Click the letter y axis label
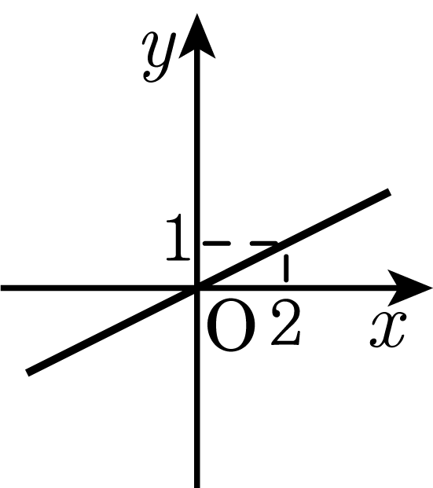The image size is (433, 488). pyautogui.click(x=159, y=57)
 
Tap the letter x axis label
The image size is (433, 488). pyautogui.click(x=388, y=329)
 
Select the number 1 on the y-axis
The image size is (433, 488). pyautogui.click(x=178, y=237)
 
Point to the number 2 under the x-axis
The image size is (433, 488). pyautogui.click(x=286, y=322)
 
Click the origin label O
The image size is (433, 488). pyautogui.click(x=231, y=325)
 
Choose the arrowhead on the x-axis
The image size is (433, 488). pyautogui.click(x=410, y=288)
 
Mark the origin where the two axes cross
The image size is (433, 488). pyautogui.click(x=196, y=288)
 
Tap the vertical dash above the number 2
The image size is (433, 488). pyautogui.click(x=286, y=268)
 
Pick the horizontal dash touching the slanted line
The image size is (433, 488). pyautogui.click(x=264, y=244)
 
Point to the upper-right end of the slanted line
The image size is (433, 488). pyautogui.click(x=389, y=192)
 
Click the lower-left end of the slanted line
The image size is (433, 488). pyautogui.click(x=28, y=372)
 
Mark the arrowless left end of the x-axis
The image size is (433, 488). pyautogui.click(x=1, y=288)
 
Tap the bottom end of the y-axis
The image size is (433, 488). pyautogui.click(x=196, y=487)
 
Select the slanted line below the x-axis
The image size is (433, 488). pyautogui.click(x=112, y=331)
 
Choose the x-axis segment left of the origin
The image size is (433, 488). pyautogui.click(x=97, y=288)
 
